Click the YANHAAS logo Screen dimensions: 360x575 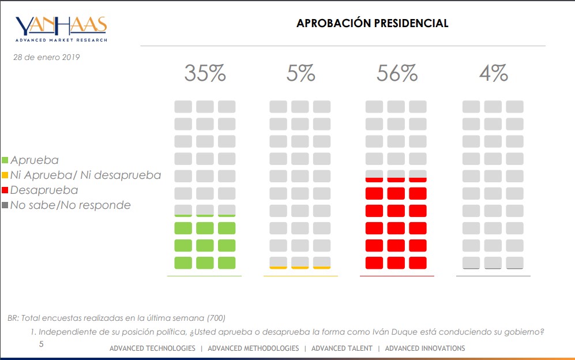point(61,28)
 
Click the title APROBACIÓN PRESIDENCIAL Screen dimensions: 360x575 point(372,24)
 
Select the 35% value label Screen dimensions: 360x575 point(204,73)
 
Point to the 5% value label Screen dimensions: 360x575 point(300,73)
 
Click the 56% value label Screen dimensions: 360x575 point(397,73)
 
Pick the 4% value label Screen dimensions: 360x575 point(493,73)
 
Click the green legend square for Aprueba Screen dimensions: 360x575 point(5,160)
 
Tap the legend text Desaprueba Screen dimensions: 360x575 point(44,190)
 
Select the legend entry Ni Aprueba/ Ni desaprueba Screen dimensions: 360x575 point(85,175)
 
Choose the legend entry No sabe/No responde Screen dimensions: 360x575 point(70,205)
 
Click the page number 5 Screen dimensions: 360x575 point(41,344)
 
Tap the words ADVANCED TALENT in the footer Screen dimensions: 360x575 point(341,348)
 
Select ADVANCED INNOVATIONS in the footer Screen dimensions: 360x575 point(424,348)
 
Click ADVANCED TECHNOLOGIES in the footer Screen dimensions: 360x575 point(152,348)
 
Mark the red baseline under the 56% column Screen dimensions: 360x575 point(397,276)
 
